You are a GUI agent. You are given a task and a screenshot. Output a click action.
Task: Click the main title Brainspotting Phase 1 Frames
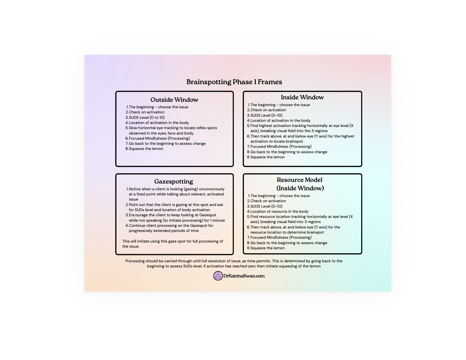tap(234, 82)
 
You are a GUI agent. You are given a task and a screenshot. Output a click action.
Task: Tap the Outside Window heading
tap(174, 100)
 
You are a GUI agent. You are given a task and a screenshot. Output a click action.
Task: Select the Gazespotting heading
tap(173, 182)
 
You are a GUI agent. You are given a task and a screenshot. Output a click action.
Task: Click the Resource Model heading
tap(300, 184)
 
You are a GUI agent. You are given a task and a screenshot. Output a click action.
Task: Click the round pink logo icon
tap(218, 276)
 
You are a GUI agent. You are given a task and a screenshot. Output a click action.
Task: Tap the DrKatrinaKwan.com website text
tap(244, 276)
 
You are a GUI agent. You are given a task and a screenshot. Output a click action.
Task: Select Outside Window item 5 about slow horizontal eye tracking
tap(173, 130)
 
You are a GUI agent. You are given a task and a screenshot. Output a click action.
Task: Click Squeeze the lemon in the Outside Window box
tap(146, 149)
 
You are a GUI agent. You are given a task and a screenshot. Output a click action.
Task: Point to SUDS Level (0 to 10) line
tap(147, 117)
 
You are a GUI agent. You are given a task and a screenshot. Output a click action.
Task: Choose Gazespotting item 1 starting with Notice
tap(176, 194)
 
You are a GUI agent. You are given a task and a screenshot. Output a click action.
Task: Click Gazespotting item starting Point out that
tap(176, 207)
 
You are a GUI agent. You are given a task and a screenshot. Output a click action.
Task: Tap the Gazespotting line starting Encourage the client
tap(177, 218)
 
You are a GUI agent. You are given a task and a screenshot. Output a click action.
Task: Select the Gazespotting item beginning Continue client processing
tap(171, 228)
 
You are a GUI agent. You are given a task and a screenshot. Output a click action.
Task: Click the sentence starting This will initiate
tap(173, 244)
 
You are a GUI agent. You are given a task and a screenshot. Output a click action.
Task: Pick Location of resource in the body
tap(279, 211)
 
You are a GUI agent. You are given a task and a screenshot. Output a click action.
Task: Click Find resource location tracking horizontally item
tap(301, 219)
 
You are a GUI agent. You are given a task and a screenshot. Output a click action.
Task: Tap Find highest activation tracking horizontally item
tap(302, 128)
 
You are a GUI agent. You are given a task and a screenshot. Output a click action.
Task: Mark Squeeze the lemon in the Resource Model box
tap(267, 248)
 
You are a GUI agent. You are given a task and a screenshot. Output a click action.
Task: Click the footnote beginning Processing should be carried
tap(234, 264)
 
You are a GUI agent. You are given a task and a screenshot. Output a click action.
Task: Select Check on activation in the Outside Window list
tap(146, 112)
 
